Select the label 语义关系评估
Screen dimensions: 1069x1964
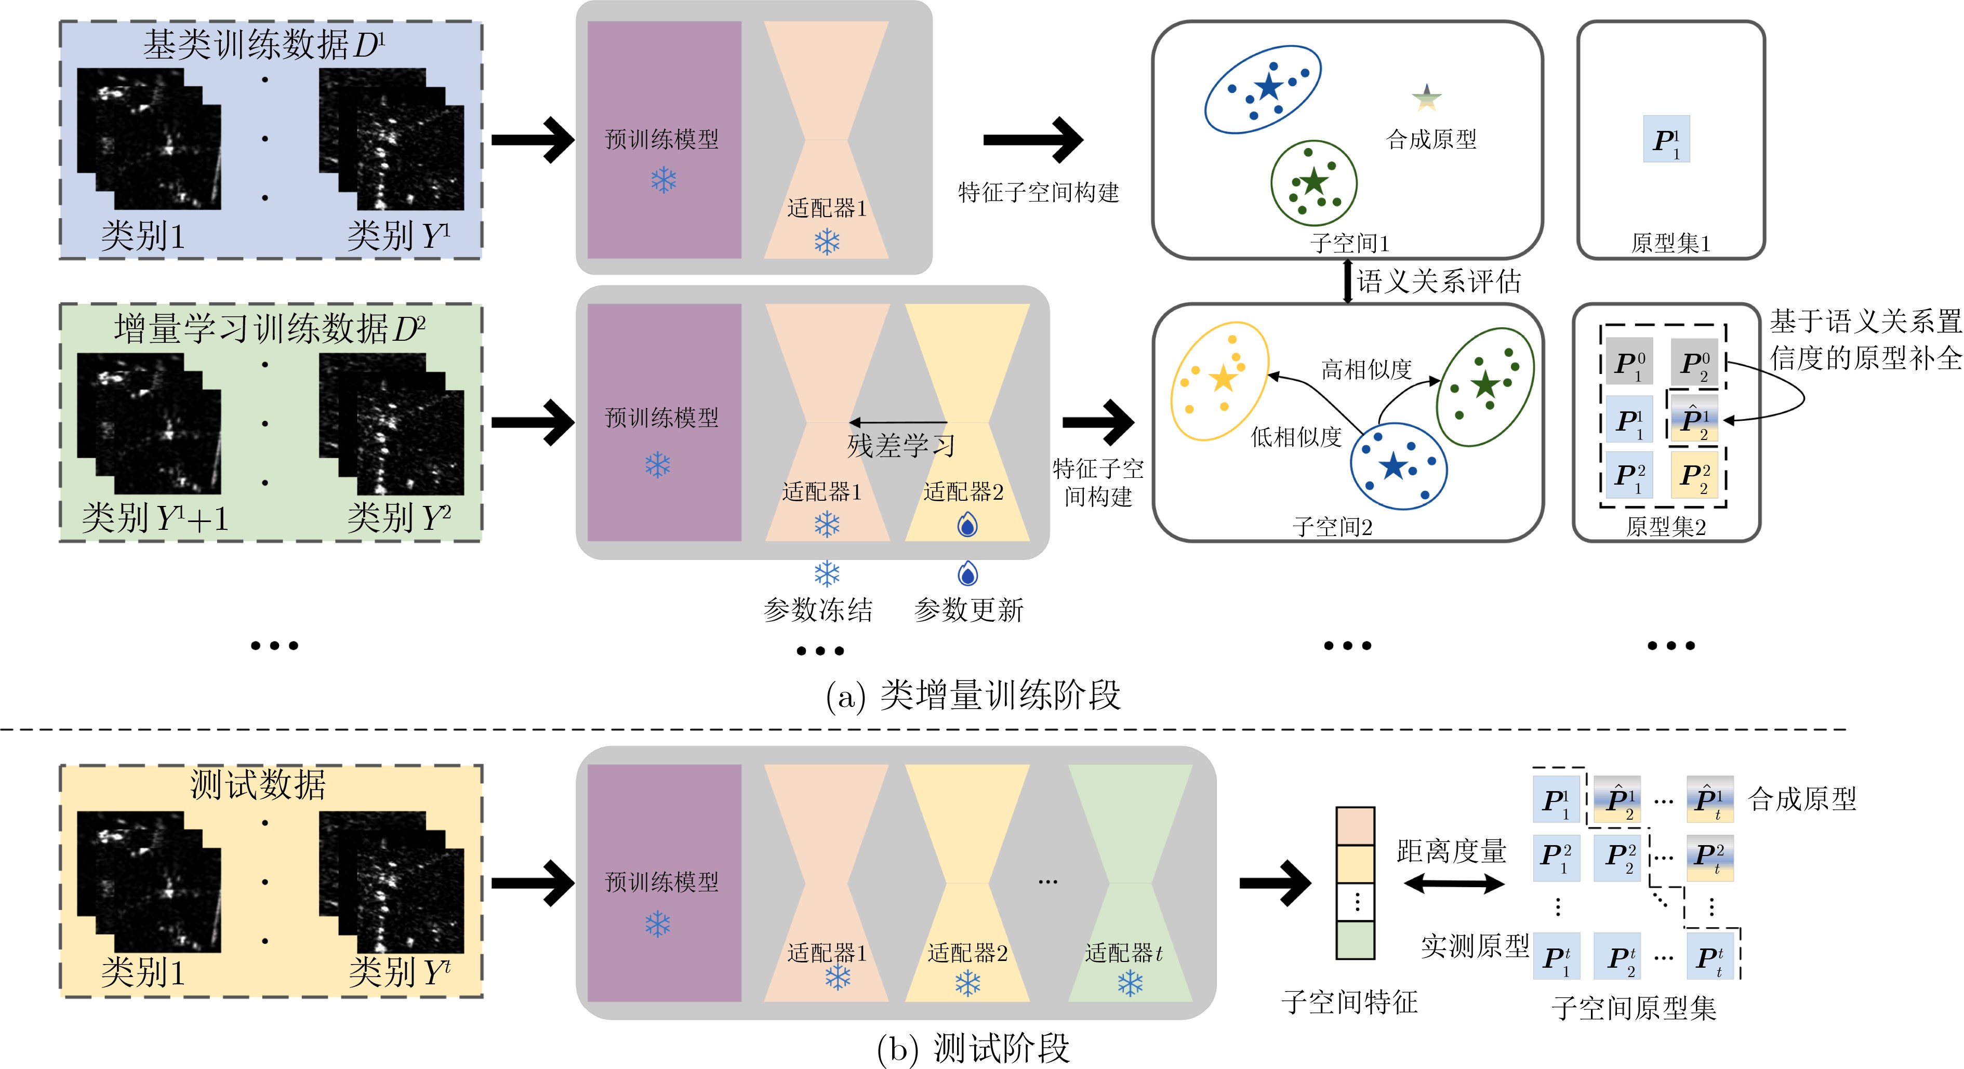(1438, 282)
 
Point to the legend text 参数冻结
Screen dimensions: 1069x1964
(818, 610)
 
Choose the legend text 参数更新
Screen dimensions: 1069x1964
(968, 610)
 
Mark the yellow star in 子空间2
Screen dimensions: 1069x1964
(1223, 378)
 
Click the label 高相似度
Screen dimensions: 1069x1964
(1366, 370)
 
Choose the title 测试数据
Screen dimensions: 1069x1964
(258, 784)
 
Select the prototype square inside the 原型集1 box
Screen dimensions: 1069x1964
(1666, 139)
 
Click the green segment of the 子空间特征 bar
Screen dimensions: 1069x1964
(1355, 940)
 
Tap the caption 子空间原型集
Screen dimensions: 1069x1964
(1633, 1009)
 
